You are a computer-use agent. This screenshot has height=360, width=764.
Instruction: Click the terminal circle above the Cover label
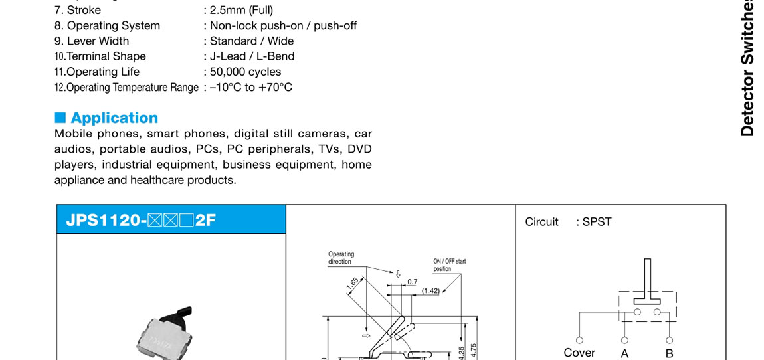(580, 340)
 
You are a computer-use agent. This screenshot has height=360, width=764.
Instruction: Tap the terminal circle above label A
(624, 340)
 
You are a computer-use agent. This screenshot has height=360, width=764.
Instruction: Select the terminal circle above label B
(670, 340)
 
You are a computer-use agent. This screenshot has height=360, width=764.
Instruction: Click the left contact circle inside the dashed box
(637, 312)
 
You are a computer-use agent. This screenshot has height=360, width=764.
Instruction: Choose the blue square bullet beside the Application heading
(60, 118)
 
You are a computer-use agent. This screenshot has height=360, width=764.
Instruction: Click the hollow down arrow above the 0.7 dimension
(398, 274)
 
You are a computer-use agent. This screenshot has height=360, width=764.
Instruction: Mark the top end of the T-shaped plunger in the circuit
(648, 259)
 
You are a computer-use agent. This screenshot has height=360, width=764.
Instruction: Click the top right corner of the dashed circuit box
(676, 292)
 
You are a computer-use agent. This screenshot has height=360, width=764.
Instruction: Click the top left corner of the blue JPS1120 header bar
(57, 205)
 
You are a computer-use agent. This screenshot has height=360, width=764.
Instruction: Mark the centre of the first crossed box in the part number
(154, 221)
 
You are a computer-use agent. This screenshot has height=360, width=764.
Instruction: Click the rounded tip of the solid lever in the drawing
(403, 318)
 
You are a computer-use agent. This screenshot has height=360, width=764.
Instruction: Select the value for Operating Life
(246, 72)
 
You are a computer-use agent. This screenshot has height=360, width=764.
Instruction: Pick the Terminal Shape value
(252, 56)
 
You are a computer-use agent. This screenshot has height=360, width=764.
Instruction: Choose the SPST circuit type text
(597, 222)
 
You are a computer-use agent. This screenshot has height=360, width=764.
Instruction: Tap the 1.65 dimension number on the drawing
(353, 284)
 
